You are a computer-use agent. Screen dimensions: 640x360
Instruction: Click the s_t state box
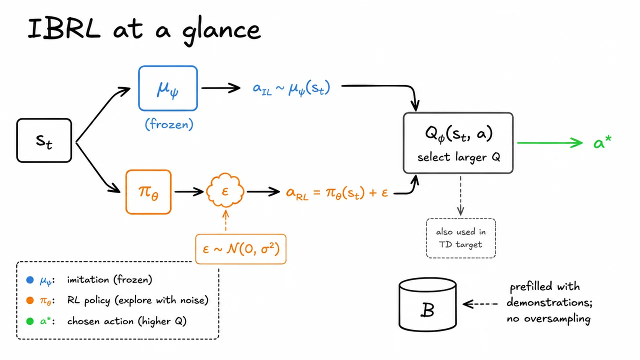pyautogui.click(x=44, y=140)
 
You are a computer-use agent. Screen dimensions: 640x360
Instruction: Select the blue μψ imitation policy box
pyautogui.click(x=168, y=88)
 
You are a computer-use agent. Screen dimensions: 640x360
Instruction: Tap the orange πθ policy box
pyautogui.click(x=148, y=192)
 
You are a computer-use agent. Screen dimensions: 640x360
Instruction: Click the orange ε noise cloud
pyautogui.click(x=225, y=190)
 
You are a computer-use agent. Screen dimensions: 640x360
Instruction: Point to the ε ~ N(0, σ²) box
pyautogui.click(x=241, y=249)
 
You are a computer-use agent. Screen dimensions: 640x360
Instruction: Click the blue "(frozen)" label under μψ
pyautogui.click(x=169, y=124)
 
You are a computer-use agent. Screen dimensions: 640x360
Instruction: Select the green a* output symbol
pyautogui.click(x=602, y=142)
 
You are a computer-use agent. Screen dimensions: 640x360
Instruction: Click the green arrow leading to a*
pyautogui.click(x=549, y=142)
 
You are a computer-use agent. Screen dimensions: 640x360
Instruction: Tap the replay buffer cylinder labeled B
pyautogui.click(x=427, y=304)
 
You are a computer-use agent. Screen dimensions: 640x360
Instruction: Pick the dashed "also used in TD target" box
pyautogui.click(x=461, y=238)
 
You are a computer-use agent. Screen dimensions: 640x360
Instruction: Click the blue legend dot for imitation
pyautogui.click(x=30, y=279)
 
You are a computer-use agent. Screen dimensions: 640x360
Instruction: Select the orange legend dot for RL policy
pyautogui.click(x=30, y=300)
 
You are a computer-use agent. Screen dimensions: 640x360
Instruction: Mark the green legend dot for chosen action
pyautogui.click(x=30, y=321)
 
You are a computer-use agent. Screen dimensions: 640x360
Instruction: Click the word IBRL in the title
pyautogui.click(x=64, y=29)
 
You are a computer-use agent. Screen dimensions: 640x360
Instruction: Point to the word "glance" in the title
pyautogui.click(x=221, y=31)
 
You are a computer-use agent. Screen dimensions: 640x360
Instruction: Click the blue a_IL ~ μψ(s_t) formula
pyautogui.click(x=291, y=88)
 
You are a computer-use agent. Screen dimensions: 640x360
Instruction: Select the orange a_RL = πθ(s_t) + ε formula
pyautogui.click(x=337, y=192)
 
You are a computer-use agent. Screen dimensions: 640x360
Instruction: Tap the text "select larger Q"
pyautogui.click(x=458, y=157)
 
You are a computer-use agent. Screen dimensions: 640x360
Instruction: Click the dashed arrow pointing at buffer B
pyautogui.click(x=480, y=304)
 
